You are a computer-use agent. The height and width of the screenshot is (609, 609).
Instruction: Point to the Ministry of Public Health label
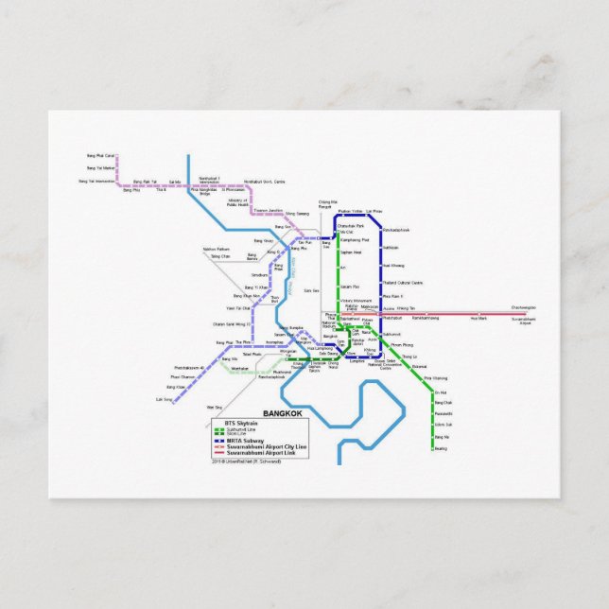coord(236,202)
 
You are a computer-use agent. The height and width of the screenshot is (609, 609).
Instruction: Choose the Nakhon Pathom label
coord(217,250)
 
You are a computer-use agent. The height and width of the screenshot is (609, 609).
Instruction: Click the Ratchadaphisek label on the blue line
coord(396,230)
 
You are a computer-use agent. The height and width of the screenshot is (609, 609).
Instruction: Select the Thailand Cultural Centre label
coord(403,282)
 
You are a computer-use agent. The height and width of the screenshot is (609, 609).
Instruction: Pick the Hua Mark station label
coord(478,319)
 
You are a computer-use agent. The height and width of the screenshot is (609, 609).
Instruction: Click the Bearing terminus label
coord(441,449)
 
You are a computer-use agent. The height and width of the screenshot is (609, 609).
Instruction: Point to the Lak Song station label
coord(164,399)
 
